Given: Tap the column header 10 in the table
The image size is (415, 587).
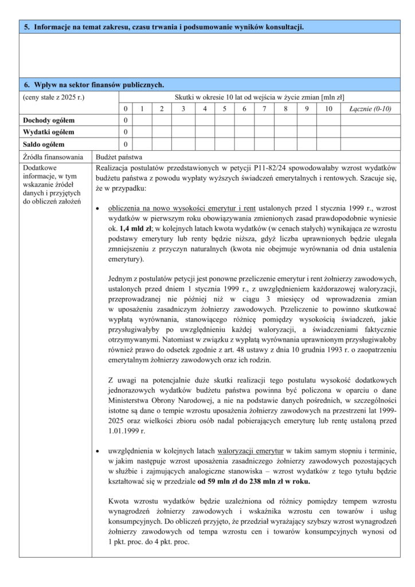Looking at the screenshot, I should click(x=328, y=109).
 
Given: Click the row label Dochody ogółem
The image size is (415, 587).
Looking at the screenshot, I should click(x=49, y=120).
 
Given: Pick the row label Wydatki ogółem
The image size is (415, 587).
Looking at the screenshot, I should click(x=49, y=132).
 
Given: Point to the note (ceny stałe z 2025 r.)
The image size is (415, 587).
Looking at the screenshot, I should click(x=53, y=97).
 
